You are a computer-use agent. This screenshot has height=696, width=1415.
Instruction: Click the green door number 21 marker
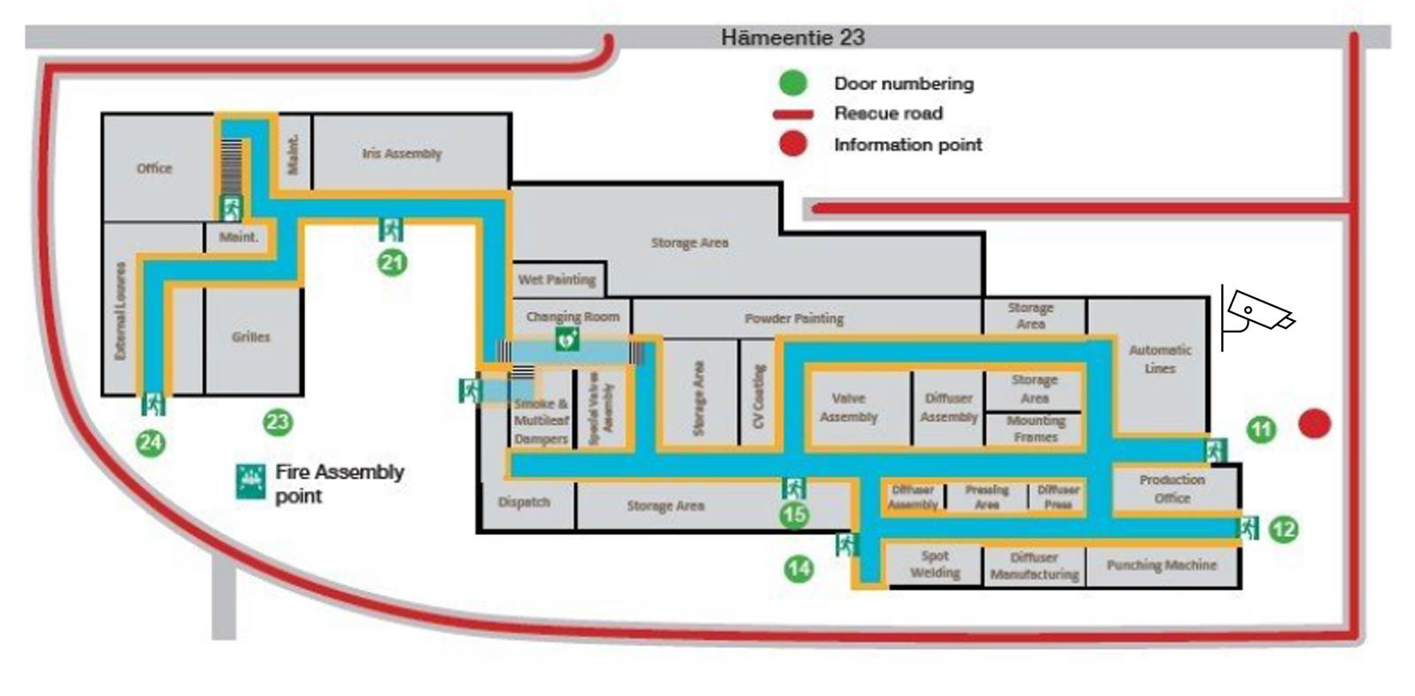point(393,263)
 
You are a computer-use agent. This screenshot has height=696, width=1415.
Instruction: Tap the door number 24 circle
point(150,441)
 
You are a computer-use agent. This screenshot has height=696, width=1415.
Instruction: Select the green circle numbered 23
point(278,422)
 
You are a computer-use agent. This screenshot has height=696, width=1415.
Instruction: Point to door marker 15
point(795,514)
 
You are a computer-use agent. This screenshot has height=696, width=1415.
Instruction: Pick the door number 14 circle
point(799,568)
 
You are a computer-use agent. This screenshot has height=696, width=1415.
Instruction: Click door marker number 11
point(1261,431)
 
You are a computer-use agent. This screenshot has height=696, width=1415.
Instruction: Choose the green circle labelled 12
point(1283,530)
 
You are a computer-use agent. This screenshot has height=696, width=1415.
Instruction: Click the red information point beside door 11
point(1314,424)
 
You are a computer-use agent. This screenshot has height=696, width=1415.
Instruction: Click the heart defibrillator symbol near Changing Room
point(566,338)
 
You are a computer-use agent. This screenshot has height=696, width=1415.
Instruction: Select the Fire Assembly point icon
point(251,481)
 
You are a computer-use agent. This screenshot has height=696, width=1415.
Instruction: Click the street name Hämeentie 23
point(792,38)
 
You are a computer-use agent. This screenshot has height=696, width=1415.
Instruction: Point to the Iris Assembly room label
point(402,154)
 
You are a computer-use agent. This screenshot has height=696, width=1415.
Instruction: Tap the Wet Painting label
point(557,279)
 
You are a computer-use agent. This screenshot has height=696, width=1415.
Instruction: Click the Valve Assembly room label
point(848,408)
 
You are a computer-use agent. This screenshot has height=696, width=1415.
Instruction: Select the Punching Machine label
point(1161,565)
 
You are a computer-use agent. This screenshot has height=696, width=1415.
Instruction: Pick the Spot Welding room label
point(935,565)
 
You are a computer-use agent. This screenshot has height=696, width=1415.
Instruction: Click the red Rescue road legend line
point(793,114)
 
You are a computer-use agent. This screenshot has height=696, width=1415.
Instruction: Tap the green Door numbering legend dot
point(793,84)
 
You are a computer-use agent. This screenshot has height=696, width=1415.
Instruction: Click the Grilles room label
point(251,337)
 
